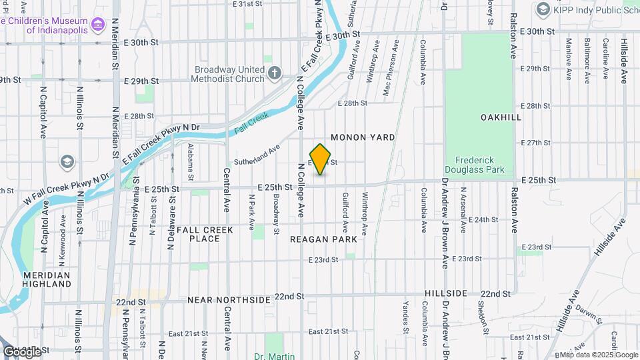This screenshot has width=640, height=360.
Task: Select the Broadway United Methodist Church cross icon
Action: pyautogui.click(x=274, y=72)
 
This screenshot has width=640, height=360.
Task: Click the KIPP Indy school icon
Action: pyautogui.click(x=543, y=9)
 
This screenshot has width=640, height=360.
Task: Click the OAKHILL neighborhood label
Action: pyautogui.click(x=500, y=117)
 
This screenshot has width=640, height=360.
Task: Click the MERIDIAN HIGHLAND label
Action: pyautogui.click(x=47, y=279)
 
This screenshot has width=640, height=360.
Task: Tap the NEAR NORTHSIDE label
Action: pyautogui.click(x=229, y=300)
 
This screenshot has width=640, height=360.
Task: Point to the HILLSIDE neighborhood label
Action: pyautogui.click(x=446, y=293)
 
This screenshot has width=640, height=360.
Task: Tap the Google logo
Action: pyautogui.click(x=22, y=352)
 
